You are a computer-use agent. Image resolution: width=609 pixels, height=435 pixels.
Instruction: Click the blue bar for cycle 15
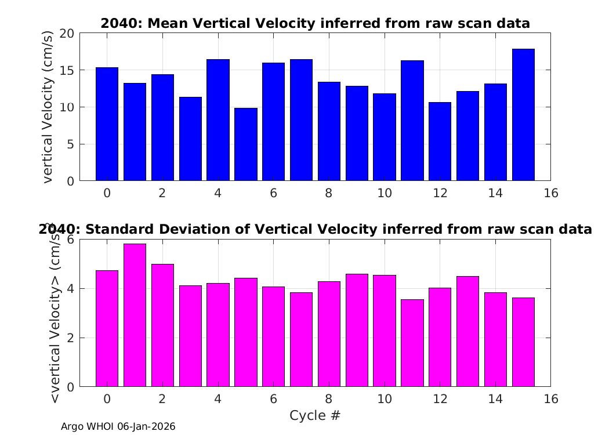(523, 115)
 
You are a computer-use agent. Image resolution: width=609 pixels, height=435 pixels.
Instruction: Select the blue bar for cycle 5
(246, 144)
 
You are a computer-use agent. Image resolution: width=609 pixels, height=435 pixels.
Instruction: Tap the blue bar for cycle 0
(107, 124)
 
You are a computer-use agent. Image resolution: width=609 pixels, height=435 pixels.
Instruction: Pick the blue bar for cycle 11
(412, 121)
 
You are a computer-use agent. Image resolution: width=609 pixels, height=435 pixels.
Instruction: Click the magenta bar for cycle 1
(135, 316)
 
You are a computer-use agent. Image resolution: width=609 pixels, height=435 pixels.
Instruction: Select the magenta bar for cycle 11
(412, 343)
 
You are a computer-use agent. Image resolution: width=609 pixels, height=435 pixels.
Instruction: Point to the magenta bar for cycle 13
(467, 332)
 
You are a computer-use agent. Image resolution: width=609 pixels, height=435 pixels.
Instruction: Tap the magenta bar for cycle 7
(301, 339)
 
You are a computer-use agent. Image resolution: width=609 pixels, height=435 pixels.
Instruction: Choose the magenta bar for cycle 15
(523, 342)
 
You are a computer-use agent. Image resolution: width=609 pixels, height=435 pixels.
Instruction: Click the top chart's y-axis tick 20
(67, 34)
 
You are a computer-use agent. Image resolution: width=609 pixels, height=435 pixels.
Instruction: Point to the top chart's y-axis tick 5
(70, 144)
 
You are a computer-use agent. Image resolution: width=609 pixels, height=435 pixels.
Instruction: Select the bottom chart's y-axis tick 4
(70, 289)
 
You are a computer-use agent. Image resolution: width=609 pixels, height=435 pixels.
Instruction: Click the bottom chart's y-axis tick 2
(70, 338)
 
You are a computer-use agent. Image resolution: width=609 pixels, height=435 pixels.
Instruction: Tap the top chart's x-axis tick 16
(551, 193)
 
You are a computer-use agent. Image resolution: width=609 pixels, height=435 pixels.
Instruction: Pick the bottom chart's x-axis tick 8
(329, 399)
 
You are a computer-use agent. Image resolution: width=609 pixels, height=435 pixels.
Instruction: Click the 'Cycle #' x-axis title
(315, 415)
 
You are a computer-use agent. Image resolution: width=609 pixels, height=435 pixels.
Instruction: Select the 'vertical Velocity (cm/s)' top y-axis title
(47, 107)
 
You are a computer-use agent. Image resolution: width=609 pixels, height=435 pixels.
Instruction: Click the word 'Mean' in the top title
(168, 23)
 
